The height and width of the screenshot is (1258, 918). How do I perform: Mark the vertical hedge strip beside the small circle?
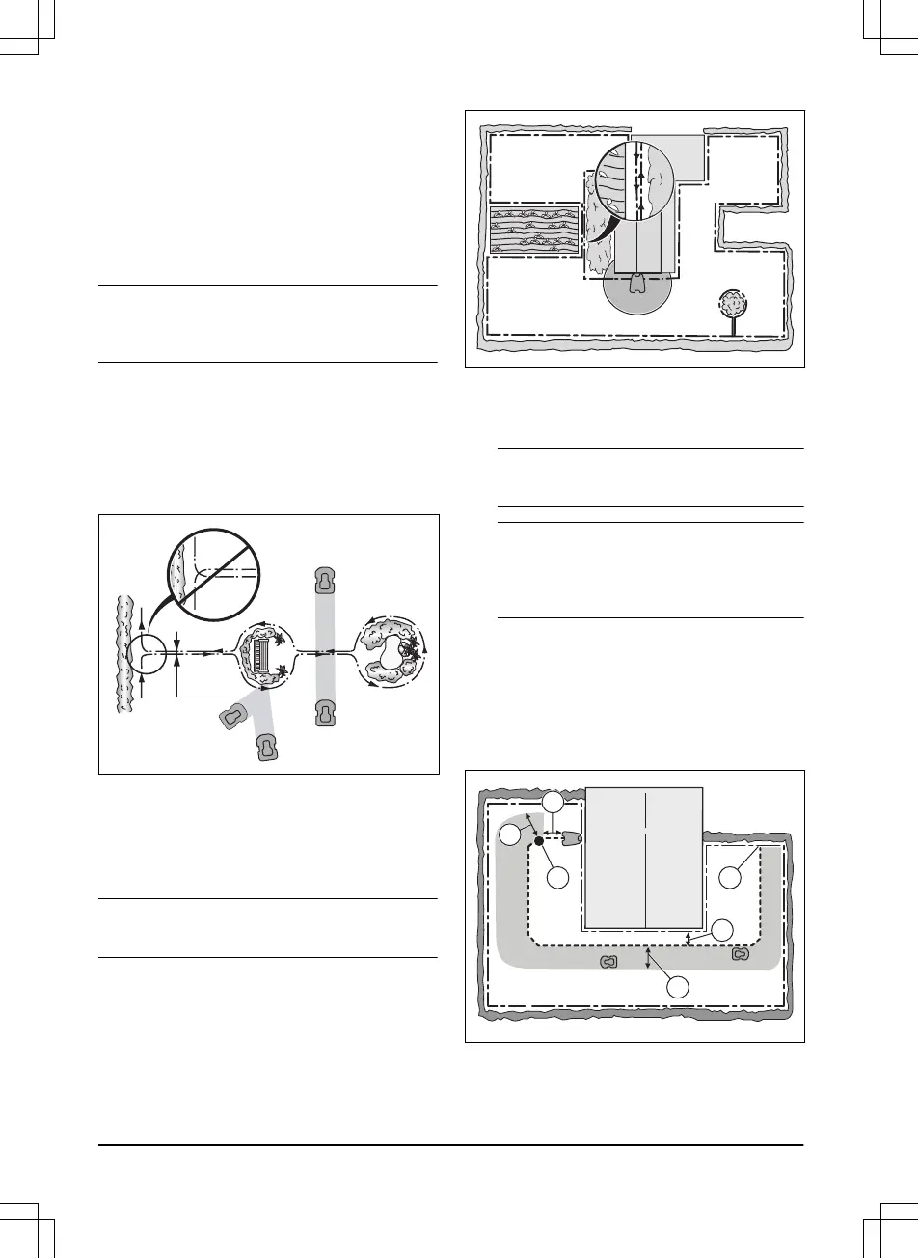pyautogui.click(x=122, y=656)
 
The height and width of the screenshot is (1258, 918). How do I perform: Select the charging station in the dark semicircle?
pyautogui.click(x=635, y=284)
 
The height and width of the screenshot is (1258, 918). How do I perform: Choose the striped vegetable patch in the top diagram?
pyautogui.click(x=534, y=231)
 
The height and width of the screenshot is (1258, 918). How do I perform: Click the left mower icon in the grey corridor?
pyautogui.click(x=608, y=963)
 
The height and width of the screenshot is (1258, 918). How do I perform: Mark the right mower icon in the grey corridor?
pyautogui.click(x=740, y=954)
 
